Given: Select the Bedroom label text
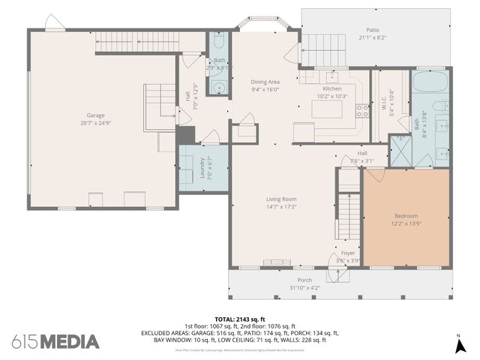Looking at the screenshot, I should (406, 215).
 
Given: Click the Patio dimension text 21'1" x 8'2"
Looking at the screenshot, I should (372, 37).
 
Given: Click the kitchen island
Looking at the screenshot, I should (327, 110).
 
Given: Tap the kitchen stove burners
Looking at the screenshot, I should (362, 111).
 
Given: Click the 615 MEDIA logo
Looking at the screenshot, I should (55, 341).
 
